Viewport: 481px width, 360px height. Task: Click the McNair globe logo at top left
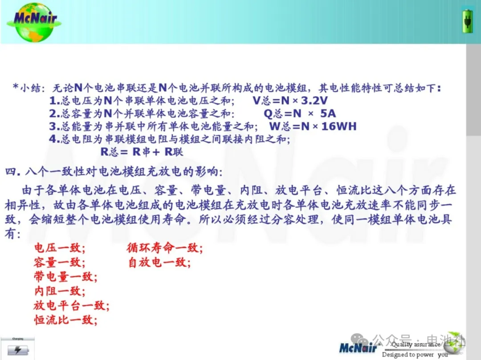[34, 22]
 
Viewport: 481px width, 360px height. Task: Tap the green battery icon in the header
[468, 21]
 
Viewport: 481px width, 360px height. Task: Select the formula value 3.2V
[314, 101]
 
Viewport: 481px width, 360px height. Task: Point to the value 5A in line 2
[328, 113]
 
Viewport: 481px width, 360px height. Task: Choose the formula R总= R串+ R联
[142, 152]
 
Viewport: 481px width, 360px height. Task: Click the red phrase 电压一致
[60, 247]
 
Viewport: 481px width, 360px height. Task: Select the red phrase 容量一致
[60, 262]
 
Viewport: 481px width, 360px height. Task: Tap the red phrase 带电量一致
[65, 277]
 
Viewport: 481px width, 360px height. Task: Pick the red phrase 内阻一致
[60, 291]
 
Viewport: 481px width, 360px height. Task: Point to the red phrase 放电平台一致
[71, 305]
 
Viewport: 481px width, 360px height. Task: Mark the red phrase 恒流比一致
[65, 320]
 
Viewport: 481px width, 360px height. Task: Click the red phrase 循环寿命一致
[165, 247]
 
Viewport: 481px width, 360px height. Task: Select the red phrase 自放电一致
[159, 262]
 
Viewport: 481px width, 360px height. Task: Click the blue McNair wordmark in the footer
[358, 348]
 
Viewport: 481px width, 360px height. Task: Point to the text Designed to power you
[415, 355]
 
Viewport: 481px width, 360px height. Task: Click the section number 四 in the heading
[11, 171]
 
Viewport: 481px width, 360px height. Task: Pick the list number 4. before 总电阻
[55, 139]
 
